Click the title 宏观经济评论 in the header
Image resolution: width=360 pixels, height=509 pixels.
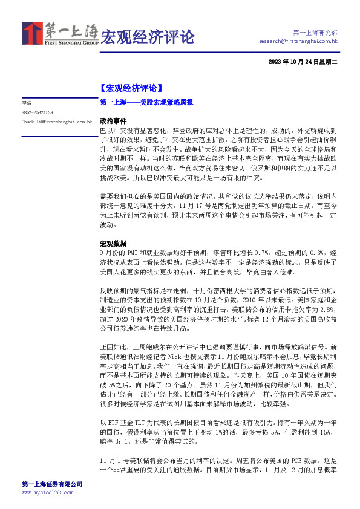[x=147, y=37]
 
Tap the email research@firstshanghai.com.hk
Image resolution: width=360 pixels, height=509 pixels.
[x=298, y=41]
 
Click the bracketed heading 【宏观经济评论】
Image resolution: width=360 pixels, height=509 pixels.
[x=130, y=88]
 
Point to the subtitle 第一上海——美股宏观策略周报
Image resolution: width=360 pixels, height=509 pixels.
[x=145, y=103]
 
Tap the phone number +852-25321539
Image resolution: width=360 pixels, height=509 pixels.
[x=37, y=112]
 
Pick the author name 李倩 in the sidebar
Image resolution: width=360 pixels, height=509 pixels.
[x=26, y=103]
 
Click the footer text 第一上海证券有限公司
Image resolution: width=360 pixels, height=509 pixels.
[x=52, y=484]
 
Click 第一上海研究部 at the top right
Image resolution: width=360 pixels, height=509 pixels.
[x=315, y=32]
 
